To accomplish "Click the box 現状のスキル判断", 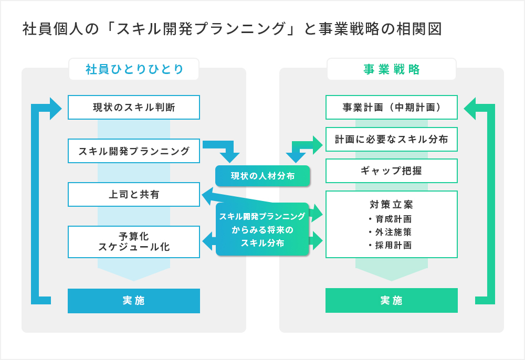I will [134, 108].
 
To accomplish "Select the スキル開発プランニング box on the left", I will [134, 151].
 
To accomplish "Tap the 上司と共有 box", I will [134, 195].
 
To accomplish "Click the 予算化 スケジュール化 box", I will [134, 242].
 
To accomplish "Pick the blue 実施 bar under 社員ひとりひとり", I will [134, 301].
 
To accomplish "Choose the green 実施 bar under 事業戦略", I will [392, 301].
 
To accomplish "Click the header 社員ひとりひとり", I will [134, 69].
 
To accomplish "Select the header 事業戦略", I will [392, 69].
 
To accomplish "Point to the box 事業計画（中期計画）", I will [392, 108].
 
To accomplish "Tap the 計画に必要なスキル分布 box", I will [392, 140].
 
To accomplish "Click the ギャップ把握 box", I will [392, 171].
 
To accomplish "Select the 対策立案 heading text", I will [392, 204].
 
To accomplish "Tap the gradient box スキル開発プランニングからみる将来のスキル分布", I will [262, 229].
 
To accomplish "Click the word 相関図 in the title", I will [419, 29].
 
